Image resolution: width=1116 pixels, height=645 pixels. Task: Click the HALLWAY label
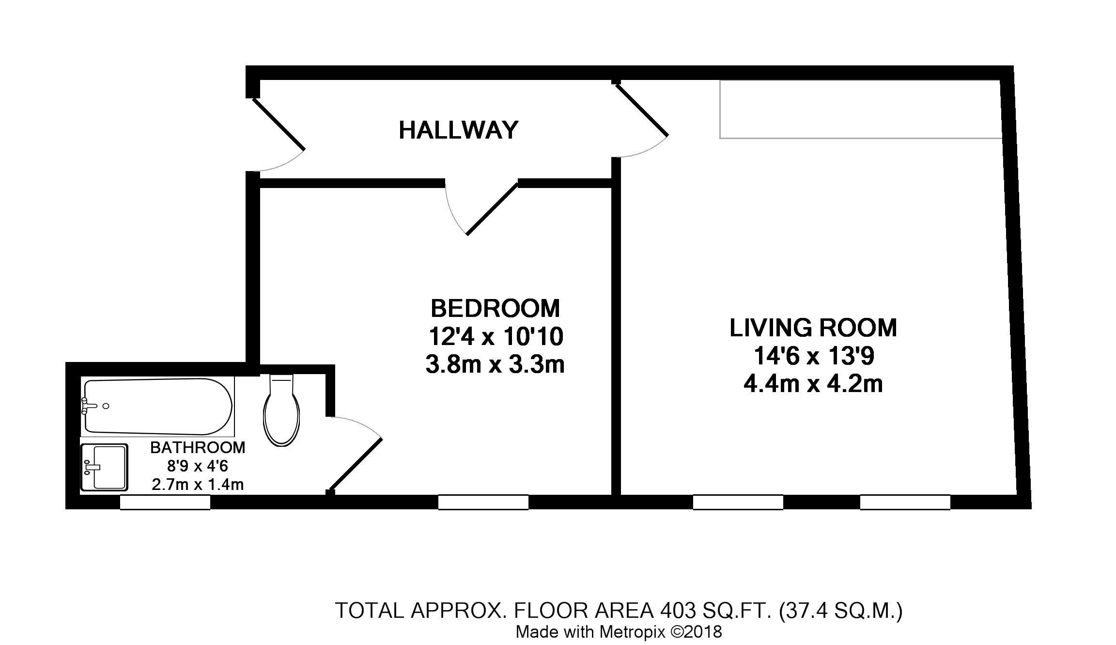pyautogui.click(x=458, y=130)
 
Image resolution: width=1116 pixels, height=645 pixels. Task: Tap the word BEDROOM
pyautogui.click(x=495, y=308)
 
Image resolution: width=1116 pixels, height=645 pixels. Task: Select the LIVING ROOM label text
pyautogui.click(x=813, y=328)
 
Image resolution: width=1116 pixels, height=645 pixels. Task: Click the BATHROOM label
pyautogui.click(x=198, y=448)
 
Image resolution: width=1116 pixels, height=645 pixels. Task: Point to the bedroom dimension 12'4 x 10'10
pyautogui.click(x=496, y=336)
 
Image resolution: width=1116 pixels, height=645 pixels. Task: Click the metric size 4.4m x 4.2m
pyautogui.click(x=813, y=384)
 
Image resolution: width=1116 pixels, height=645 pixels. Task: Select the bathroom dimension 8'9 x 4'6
pyautogui.click(x=198, y=466)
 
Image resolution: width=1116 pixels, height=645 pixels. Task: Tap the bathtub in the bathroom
pyautogui.click(x=158, y=406)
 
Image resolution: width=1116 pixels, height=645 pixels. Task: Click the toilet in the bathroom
pyautogui.click(x=281, y=410)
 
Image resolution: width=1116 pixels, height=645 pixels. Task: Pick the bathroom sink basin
pyautogui.click(x=105, y=467)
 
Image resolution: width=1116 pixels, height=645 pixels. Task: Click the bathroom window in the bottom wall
pyautogui.click(x=165, y=502)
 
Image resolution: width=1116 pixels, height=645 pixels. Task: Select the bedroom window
pyautogui.click(x=483, y=502)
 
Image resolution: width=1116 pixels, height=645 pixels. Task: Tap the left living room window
pyautogui.click(x=738, y=502)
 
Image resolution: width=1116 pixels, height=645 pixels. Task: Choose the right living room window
pyautogui.click(x=905, y=502)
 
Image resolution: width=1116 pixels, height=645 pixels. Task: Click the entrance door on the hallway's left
pyautogui.click(x=278, y=125)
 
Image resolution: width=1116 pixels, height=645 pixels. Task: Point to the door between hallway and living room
pyautogui.click(x=642, y=110)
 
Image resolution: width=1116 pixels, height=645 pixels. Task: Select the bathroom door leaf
pyautogui.click(x=356, y=464)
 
